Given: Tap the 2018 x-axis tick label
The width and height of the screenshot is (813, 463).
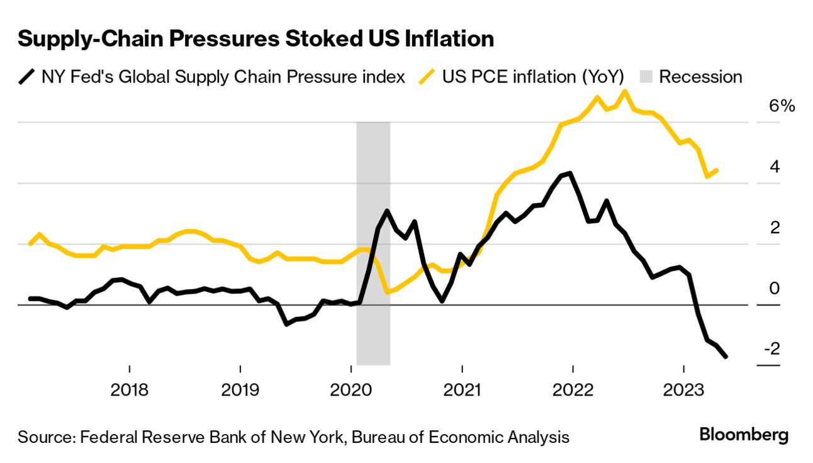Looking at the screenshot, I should (x=129, y=390).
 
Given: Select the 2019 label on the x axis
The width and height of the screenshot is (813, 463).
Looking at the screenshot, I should (x=240, y=390).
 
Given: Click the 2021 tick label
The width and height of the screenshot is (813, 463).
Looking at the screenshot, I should (x=462, y=390).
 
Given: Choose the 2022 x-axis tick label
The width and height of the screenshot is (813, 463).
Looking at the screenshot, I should (x=573, y=390).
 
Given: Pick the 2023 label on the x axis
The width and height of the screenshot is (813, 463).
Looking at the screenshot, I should (x=684, y=390).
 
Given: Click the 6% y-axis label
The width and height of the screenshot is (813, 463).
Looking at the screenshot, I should (x=782, y=106).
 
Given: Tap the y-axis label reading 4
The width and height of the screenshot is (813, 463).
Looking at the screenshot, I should (x=775, y=167).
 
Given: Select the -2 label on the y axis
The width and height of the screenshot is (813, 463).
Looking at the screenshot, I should (x=771, y=349).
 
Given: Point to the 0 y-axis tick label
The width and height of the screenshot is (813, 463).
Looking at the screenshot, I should (x=775, y=289).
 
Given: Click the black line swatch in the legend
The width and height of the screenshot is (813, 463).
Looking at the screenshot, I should (x=26, y=77).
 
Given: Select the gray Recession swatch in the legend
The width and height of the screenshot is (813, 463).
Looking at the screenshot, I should (x=646, y=77).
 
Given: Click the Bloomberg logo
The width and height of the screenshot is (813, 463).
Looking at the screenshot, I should (x=744, y=435).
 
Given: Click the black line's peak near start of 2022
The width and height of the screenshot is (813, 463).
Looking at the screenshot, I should (x=569, y=173).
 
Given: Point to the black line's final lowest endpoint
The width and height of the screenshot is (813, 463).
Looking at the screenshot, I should (x=726, y=357).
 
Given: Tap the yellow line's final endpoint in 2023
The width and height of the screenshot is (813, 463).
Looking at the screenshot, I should (x=717, y=170).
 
